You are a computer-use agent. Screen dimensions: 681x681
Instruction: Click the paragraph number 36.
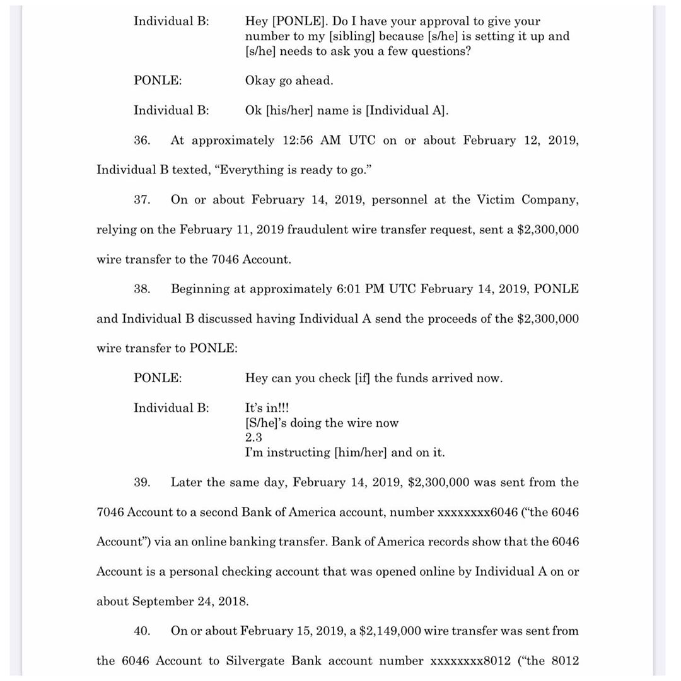click(141, 141)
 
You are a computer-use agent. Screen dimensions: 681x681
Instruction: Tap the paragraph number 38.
click(141, 289)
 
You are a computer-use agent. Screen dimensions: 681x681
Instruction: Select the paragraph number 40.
click(141, 631)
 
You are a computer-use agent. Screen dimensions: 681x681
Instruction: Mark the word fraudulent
click(317, 230)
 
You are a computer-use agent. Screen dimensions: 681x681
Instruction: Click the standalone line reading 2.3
click(253, 438)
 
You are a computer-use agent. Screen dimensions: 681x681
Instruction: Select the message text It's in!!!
click(267, 408)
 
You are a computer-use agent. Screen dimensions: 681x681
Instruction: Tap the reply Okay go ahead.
click(289, 81)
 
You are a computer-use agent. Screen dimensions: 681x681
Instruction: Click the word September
click(163, 602)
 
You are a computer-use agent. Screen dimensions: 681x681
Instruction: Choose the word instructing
click(300, 453)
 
